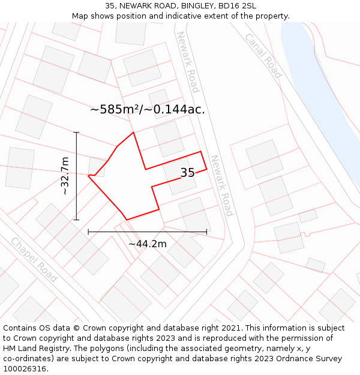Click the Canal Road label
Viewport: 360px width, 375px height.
click(x=263, y=55)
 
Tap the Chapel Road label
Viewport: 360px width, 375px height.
click(x=34, y=260)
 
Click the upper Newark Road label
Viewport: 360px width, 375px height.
click(x=187, y=62)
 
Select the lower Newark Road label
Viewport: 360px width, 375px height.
click(x=221, y=185)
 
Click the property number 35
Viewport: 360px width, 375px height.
click(x=187, y=173)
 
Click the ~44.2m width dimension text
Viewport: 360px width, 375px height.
click(x=148, y=244)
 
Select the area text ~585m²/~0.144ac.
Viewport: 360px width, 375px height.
click(x=148, y=109)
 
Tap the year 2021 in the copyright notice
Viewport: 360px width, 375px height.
click(x=231, y=328)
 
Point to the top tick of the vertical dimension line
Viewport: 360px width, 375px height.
click(x=76, y=132)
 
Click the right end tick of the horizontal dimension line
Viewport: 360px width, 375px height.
click(x=206, y=232)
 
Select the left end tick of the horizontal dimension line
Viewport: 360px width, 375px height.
click(x=88, y=232)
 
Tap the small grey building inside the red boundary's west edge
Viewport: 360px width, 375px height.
click(x=97, y=166)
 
